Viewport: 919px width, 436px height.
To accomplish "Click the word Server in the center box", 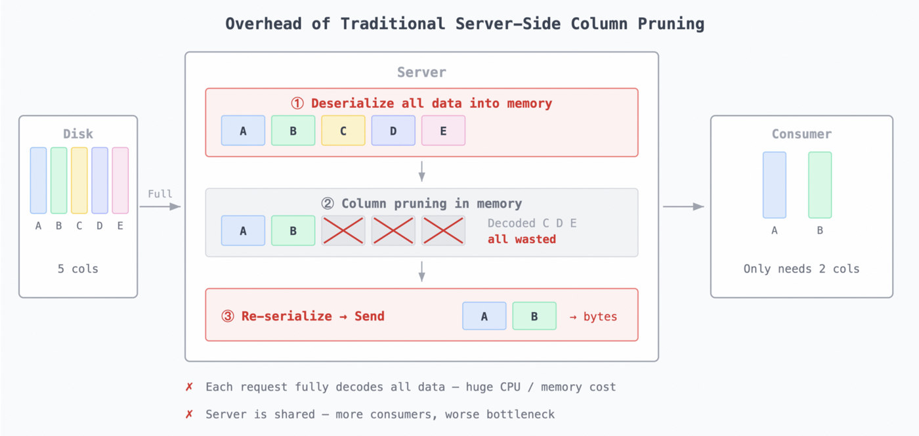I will point(421,72).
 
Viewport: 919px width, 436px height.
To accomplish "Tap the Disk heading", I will point(78,134).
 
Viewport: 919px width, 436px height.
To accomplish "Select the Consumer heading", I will point(801,134).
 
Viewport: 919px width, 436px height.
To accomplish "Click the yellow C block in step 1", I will point(343,131).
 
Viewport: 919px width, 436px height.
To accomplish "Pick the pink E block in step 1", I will point(443,131).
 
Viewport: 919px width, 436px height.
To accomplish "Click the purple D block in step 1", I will point(393,131).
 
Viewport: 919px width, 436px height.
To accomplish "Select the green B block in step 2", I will point(293,230).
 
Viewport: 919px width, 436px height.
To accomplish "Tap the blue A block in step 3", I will point(484,316).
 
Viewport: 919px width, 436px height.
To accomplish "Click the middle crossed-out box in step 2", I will point(393,230).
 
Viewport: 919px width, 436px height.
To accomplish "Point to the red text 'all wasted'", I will point(522,239).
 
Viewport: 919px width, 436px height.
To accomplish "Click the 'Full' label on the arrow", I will point(160,194).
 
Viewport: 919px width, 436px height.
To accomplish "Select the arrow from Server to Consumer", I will point(683,207).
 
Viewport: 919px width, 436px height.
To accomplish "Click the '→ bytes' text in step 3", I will point(593,316).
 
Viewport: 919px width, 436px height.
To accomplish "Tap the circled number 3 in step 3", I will point(228,316).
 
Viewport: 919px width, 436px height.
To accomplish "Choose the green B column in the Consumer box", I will point(820,185).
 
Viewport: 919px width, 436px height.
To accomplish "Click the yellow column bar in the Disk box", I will point(79,181).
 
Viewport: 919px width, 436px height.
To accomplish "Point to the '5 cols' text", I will point(78,269).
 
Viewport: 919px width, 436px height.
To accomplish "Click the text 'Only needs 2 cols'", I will point(801,269).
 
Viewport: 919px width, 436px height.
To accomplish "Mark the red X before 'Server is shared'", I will point(190,414).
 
